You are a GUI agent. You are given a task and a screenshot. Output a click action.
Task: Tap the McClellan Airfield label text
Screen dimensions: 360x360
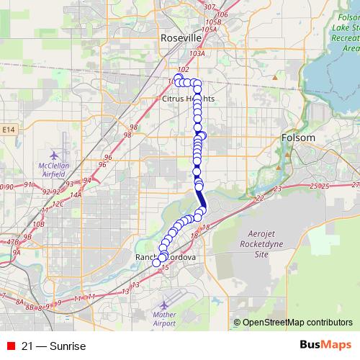55,169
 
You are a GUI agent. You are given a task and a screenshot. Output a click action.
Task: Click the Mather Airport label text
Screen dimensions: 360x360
164,319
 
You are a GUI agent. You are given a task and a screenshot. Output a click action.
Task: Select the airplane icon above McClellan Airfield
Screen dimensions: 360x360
55,154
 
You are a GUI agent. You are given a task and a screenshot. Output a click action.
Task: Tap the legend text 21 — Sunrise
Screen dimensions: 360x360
54,346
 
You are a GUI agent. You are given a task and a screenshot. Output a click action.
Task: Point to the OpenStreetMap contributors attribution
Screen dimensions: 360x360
293,323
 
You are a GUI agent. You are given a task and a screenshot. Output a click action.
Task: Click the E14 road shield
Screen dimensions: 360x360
8,130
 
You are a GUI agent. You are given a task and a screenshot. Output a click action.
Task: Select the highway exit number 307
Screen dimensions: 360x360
210,6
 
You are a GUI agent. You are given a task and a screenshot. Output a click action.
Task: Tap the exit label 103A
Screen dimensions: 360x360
197,53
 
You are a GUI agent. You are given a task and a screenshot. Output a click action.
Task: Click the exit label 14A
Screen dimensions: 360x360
76,194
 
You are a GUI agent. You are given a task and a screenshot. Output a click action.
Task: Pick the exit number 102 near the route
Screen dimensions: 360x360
183,69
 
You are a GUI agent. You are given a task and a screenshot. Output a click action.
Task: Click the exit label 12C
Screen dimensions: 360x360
58,204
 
